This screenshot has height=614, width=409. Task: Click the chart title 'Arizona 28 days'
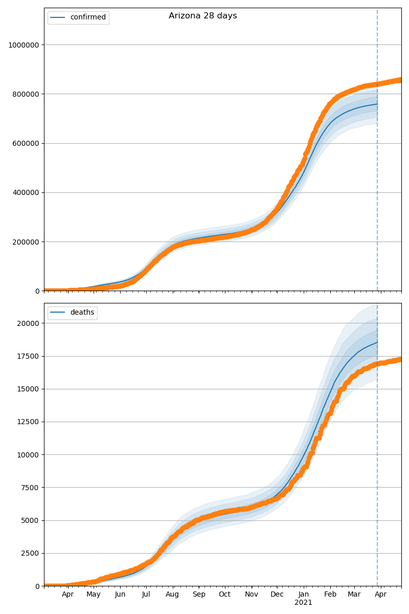point(202,16)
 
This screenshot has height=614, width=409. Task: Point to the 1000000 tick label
point(24,45)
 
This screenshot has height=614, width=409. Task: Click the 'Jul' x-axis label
point(146,595)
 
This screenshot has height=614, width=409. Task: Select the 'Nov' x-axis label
point(252,595)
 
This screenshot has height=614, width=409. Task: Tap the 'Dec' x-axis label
point(277,595)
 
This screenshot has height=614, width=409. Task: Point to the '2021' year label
point(304,603)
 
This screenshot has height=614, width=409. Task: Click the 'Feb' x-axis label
point(330,595)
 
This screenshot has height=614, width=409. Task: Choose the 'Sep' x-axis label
point(199,595)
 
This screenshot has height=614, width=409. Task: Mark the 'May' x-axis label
point(94,595)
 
